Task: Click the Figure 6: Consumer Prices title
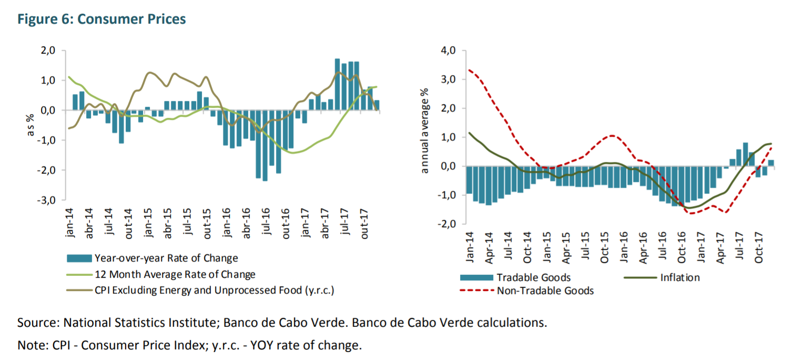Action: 101,19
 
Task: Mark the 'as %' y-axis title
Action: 30,126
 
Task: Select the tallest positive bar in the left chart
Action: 338,84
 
